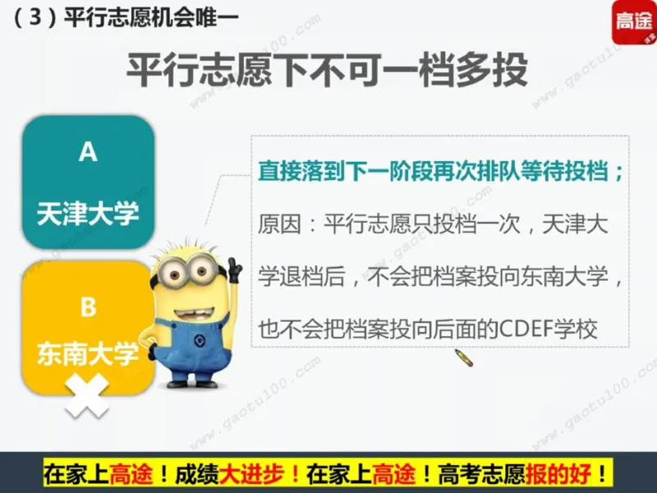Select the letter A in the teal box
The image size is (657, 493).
click(x=88, y=152)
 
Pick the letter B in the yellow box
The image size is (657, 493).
click(x=88, y=307)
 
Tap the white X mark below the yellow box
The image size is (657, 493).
click(x=87, y=395)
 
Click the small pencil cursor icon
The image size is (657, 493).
click(x=464, y=357)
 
